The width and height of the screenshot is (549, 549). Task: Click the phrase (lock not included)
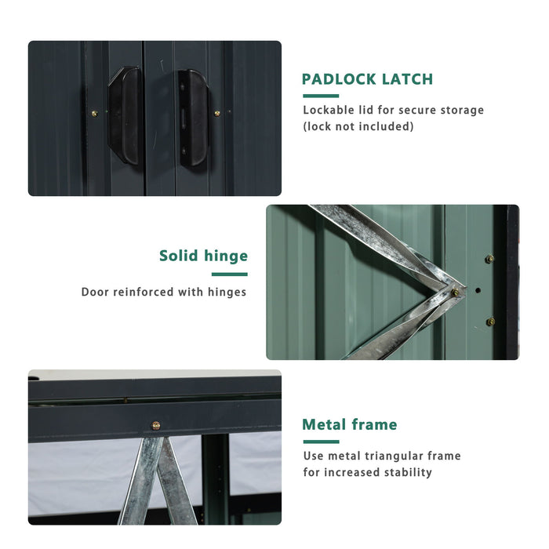click(358, 126)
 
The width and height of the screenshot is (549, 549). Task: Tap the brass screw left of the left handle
click(95, 114)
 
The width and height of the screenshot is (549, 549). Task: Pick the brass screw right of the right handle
click(217, 114)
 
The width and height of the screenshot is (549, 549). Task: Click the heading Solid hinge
click(203, 256)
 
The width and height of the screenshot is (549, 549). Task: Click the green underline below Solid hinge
click(229, 274)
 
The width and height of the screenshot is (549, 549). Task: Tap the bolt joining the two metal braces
click(455, 293)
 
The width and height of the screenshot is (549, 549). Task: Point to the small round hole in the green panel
click(478, 291)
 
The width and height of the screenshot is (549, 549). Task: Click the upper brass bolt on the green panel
click(489, 259)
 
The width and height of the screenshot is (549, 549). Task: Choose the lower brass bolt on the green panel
click(490, 322)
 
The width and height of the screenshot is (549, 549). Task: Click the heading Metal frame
click(350, 425)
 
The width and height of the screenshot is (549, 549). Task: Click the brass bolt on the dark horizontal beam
click(155, 425)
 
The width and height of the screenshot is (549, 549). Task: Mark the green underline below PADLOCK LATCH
click(320, 96)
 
